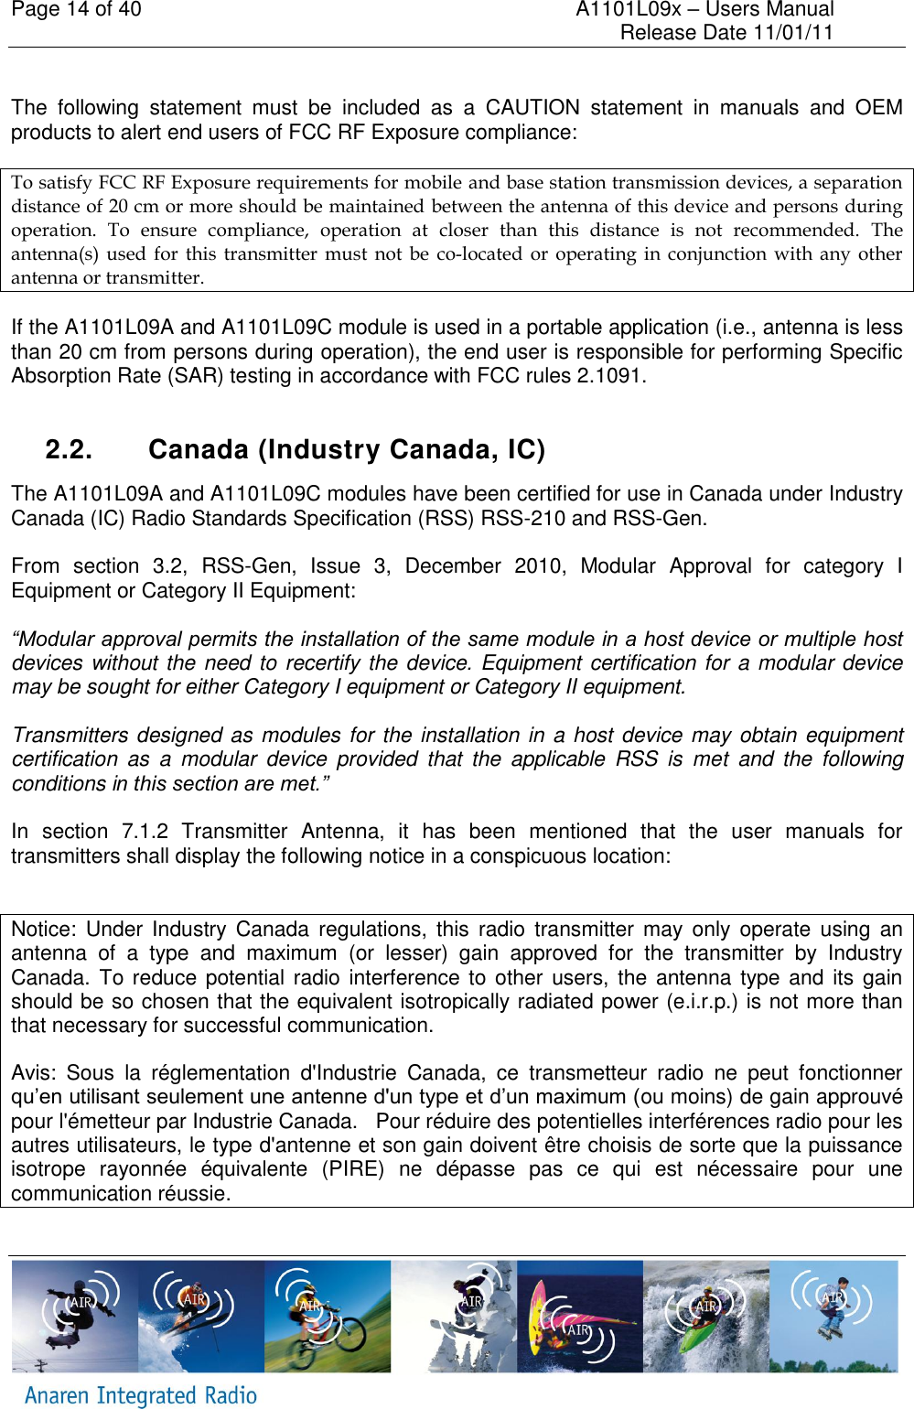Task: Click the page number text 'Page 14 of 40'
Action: pos(77,10)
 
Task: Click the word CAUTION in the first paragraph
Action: pos(532,108)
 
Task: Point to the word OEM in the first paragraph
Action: pos(878,108)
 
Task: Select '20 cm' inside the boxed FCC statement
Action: pos(134,207)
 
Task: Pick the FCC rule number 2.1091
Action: pos(609,376)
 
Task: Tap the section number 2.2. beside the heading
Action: pos(69,450)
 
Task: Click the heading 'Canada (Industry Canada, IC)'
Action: pos(347,450)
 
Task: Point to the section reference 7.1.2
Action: pos(145,832)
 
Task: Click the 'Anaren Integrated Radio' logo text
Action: pos(141,1395)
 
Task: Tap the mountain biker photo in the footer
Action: pos(327,1317)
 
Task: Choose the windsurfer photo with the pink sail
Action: pos(579,1317)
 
